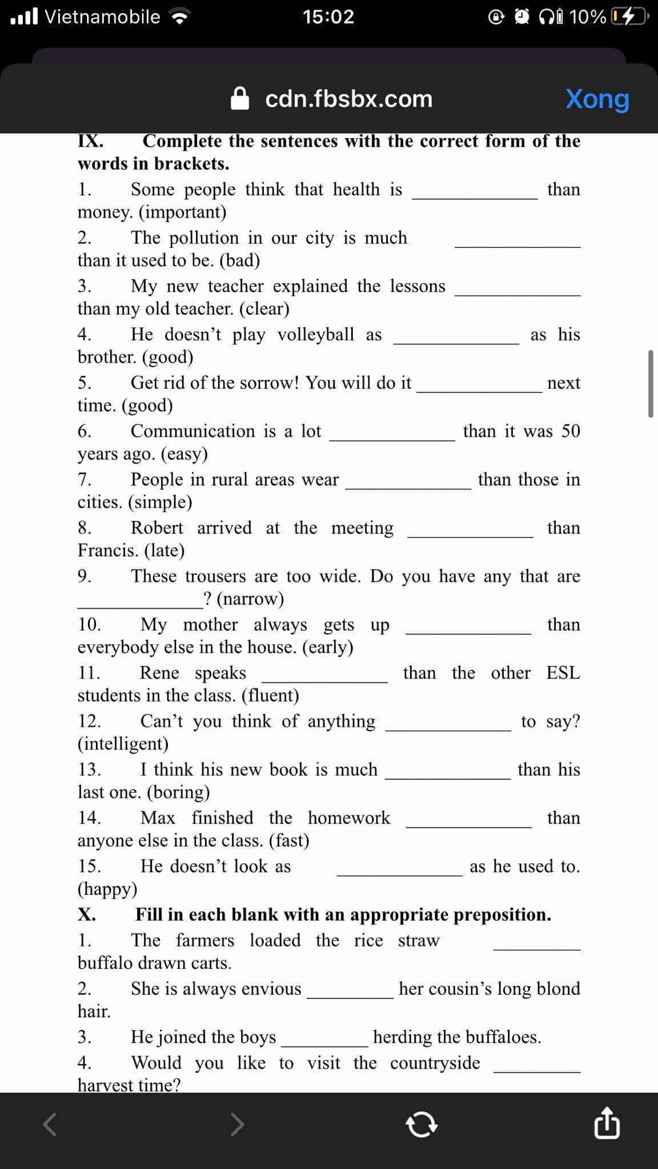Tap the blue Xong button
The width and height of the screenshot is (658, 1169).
point(597,99)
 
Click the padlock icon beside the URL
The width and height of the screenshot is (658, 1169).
point(240,99)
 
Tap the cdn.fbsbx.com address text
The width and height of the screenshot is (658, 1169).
point(349,99)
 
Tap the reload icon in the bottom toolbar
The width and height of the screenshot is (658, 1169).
point(422,1125)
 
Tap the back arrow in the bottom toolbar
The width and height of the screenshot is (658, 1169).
point(51,1124)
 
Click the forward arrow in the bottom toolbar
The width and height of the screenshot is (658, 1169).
point(238,1124)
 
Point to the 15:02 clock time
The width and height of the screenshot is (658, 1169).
point(328,17)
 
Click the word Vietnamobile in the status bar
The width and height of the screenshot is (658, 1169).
point(102,17)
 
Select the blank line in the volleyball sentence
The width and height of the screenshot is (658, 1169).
point(456,343)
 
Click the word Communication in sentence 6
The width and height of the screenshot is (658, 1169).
point(192,431)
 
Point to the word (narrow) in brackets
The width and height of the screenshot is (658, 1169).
point(250,599)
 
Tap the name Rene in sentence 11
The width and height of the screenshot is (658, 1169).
point(159,673)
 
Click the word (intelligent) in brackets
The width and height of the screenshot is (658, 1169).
point(123,744)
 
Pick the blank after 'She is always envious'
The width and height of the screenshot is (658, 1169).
point(350,997)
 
